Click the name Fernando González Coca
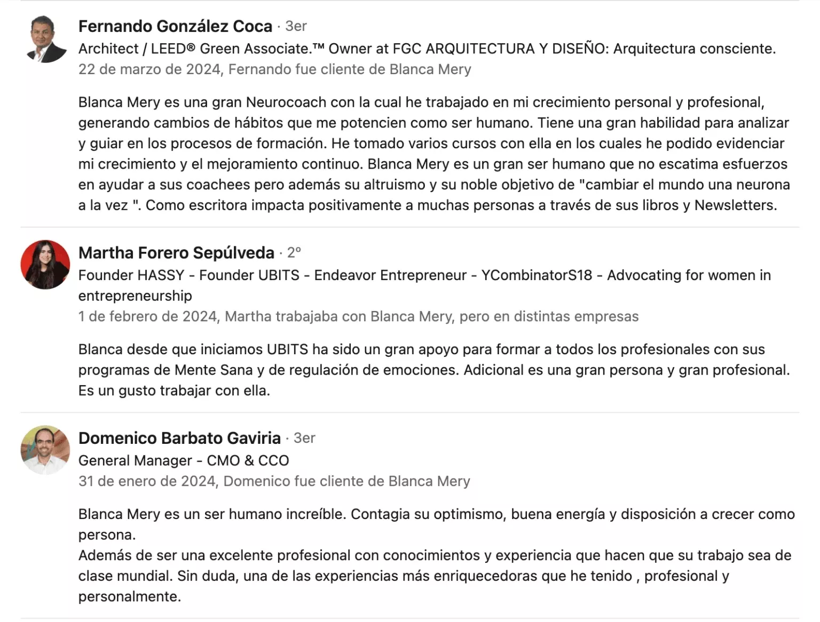175,26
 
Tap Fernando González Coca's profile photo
45,39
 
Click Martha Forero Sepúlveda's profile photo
45,265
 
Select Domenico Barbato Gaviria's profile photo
45,450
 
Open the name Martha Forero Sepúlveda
176,253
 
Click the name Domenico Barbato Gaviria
179,438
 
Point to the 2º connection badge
294,252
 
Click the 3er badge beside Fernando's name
296,26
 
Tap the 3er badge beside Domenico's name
304,438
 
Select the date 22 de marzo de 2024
149,69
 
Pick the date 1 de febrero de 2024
148,316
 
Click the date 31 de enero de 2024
147,481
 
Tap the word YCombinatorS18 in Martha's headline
537,275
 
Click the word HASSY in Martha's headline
161,275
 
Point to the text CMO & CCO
248,460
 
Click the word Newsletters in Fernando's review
735,205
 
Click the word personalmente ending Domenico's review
129,596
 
